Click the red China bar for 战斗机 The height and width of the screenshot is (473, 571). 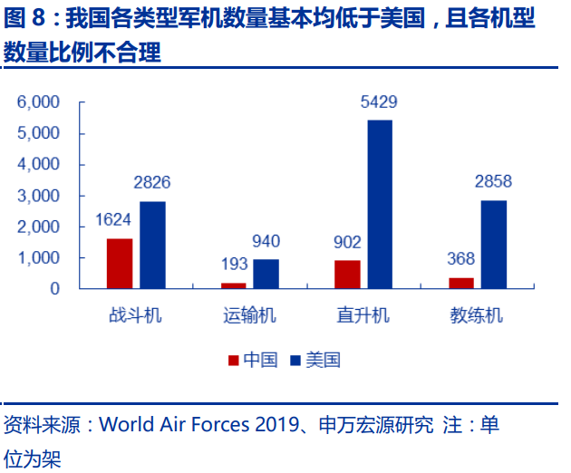click(x=120, y=264)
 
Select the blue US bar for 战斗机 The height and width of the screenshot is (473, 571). click(x=152, y=245)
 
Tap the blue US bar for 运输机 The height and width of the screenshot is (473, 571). click(x=266, y=274)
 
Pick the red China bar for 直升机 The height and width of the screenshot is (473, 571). click(x=347, y=275)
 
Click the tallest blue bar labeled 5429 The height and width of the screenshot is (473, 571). click(x=380, y=204)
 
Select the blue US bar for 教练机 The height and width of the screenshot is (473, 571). click(x=493, y=244)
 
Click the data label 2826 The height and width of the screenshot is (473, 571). click(x=152, y=183)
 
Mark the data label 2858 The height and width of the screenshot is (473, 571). click(x=493, y=182)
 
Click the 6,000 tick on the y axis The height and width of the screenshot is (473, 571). click(x=39, y=102)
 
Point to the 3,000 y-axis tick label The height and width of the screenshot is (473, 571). click(x=39, y=196)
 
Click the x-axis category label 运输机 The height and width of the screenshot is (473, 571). click(x=249, y=315)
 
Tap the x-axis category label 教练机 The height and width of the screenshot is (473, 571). click(x=477, y=315)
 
